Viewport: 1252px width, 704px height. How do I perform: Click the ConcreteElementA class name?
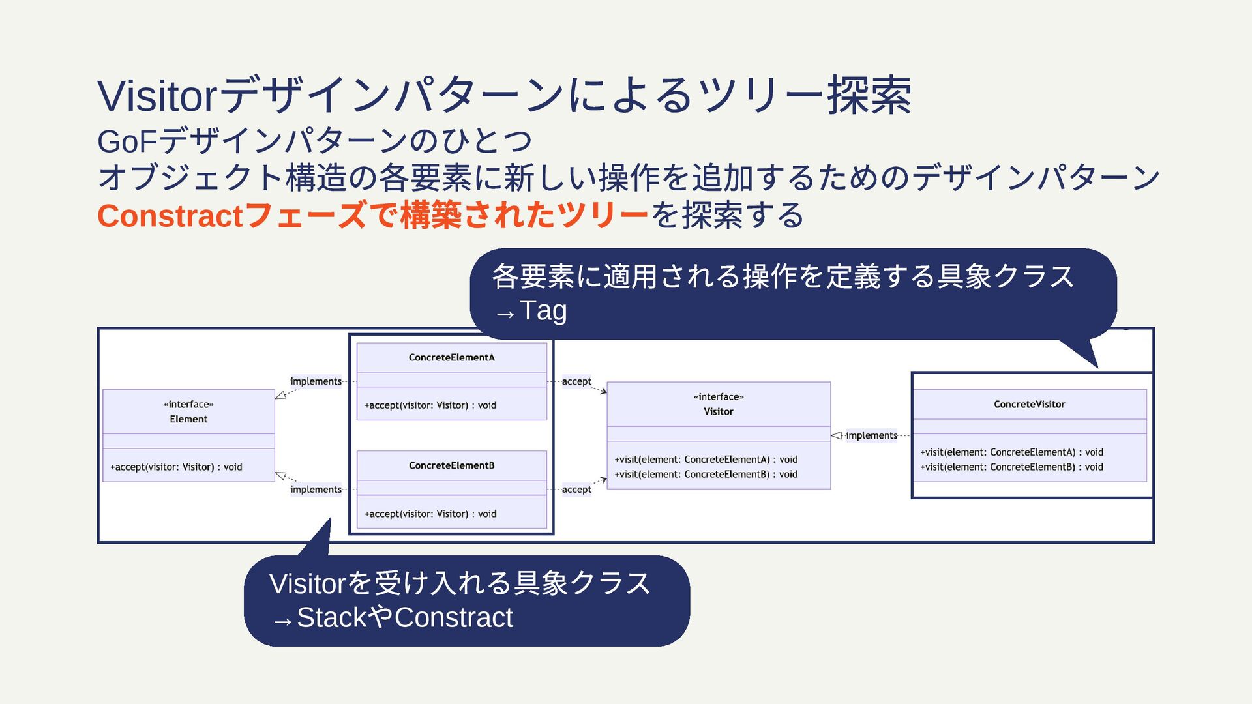coord(451,357)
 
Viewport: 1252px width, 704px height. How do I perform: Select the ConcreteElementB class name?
coord(451,465)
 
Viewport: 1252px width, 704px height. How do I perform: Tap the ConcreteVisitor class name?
coord(1029,404)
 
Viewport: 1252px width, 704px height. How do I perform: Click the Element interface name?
coord(188,419)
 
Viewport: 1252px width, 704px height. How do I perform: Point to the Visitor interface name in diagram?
coord(718,411)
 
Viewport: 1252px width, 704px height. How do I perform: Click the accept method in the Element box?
coord(176,467)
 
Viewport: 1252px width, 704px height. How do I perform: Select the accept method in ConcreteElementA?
coord(430,405)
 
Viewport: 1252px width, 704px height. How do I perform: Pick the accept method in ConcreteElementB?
coord(430,514)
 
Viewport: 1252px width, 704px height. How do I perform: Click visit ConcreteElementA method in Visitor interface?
coord(706,460)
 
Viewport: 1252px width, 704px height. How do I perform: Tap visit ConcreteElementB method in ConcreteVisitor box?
coord(1011,467)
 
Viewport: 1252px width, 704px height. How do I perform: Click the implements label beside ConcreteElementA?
coord(316,381)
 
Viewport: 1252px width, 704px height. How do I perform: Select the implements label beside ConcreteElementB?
coord(316,490)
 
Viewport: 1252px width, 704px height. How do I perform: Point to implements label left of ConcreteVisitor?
coord(871,435)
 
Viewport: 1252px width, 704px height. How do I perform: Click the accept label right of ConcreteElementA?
coord(576,381)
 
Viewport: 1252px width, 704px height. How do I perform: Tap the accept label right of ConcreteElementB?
coord(576,490)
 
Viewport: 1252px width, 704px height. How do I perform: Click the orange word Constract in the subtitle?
coord(170,216)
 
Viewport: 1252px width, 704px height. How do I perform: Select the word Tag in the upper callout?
coord(543,310)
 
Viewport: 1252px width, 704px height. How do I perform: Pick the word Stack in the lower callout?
coord(331,617)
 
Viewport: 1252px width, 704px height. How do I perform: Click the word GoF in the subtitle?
coord(127,141)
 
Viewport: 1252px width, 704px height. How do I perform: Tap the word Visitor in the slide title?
coord(156,96)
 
